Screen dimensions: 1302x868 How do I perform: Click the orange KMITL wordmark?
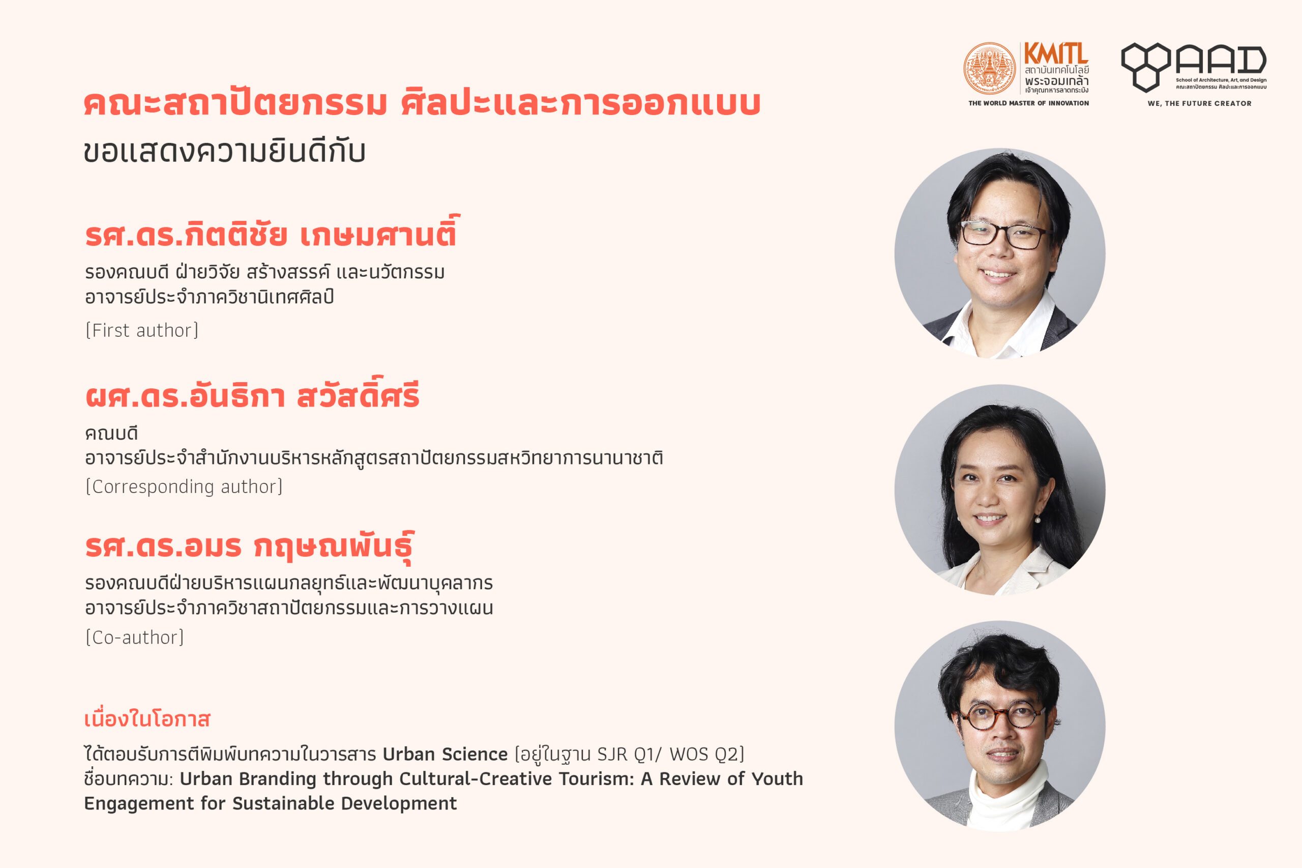pos(1056,54)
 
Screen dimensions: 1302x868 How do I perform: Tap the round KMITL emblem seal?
pos(990,69)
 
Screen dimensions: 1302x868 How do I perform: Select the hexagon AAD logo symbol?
pos(1145,67)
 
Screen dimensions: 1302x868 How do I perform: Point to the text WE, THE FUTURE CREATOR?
pos(1200,103)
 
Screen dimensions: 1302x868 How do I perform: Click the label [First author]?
pos(142,331)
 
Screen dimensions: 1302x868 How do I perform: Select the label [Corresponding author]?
pos(184,486)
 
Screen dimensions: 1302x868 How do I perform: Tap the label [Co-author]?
pos(134,637)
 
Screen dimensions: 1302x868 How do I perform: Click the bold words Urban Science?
pos(445,755)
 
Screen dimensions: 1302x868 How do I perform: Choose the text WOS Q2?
pos(703,755)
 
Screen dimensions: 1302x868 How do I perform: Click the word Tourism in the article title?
pos(596,779)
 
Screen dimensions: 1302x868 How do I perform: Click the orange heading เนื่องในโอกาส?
pos(147,719)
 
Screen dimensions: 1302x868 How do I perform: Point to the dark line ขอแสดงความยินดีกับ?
pos(225,151)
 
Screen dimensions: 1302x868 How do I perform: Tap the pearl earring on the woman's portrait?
pos(1037,520)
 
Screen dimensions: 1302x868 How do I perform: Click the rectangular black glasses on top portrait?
pos(1005,234)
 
